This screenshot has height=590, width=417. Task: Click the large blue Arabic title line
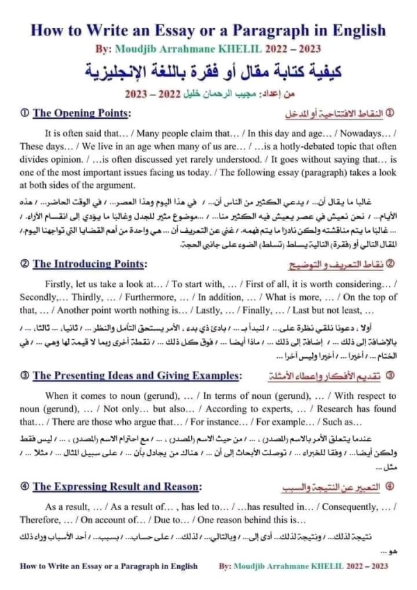(208, 70)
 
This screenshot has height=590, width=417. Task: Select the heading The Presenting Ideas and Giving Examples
(136, 375)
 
